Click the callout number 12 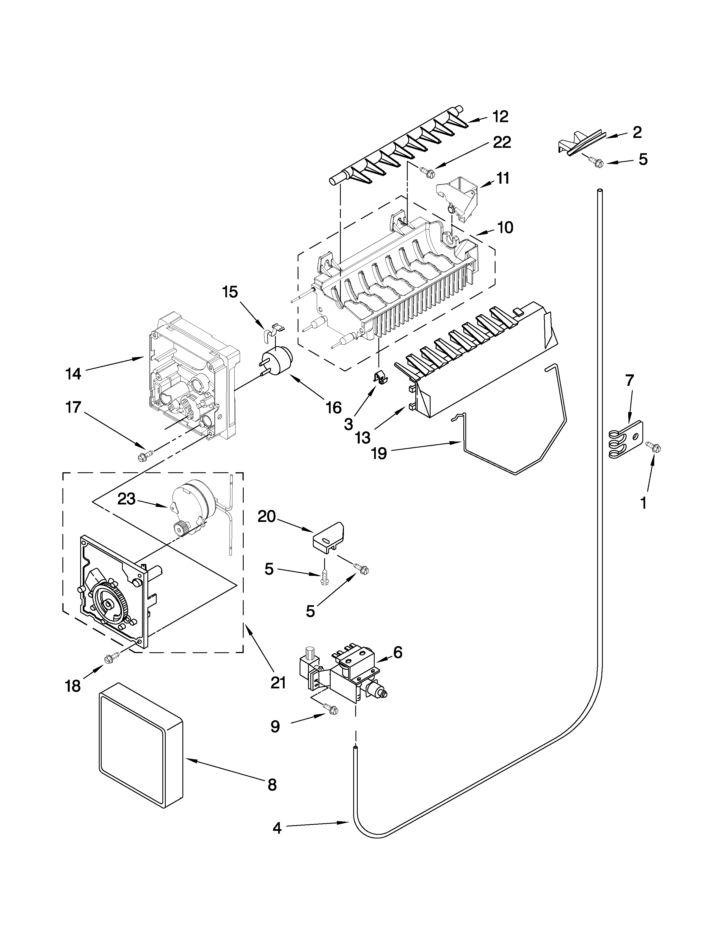(x=501, y=116)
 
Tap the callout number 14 (x=73, y=374)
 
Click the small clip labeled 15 (x=272, y=330)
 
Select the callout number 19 (x=379, y=453)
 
